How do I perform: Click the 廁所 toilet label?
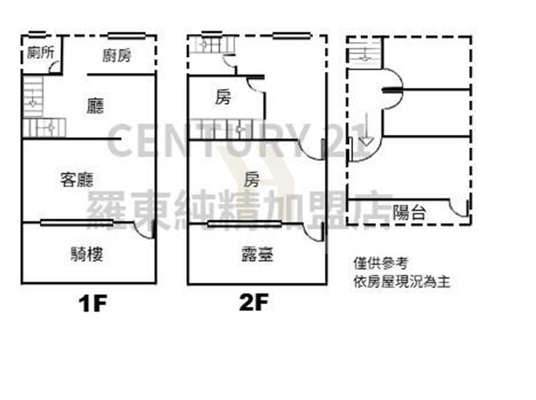(x=40, y=52)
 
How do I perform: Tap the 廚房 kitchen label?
(x=117, y=56)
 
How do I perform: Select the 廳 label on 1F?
(x=95, y=106)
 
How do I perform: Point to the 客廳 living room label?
(x=76, y=180)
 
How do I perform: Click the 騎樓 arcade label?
(x=86, y=254)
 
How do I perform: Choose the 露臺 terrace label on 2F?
(x=257, y=255)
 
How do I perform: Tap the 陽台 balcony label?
(x=409, y=212)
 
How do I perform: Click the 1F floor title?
(x=92, y=304)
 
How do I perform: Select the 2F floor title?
(x=254, y=302)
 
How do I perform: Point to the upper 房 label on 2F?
(x=223, y=97)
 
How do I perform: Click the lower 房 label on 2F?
(x=251, y=179)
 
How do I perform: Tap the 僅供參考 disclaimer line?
(x=381, y=263)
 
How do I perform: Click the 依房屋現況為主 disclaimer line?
(x=401, y=281)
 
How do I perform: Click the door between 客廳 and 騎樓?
(x=143, y=230)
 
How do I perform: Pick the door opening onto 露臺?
(x=313, y=232)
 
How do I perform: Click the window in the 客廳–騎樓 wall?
(x=76, y=223)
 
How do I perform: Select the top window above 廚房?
(x=127, y=36)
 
